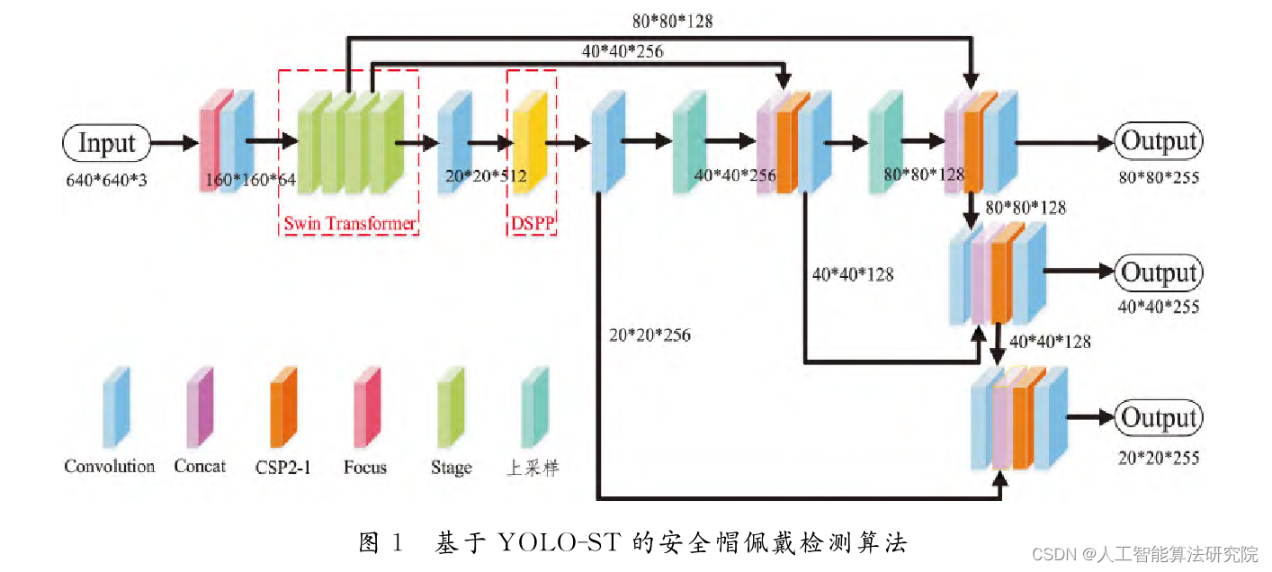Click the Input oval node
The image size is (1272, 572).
click(106, 142)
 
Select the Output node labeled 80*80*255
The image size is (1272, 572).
click(1159, 141)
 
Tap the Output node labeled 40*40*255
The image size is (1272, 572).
click(1159, 273)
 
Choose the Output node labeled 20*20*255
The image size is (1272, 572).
click(1159, 418)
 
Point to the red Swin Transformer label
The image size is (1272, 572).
click(350, 223)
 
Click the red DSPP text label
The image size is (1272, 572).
click(532, 223)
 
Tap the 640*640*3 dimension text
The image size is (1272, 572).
click(106, 178)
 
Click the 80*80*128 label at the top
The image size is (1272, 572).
click(672, 21)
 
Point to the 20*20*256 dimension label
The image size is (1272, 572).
click(649, 335)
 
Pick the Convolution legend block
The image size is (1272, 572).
click(115, 407)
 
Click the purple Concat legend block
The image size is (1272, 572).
click(200, 407)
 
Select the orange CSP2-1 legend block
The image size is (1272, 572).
click(284, 407)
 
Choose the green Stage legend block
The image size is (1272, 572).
click(451, 407)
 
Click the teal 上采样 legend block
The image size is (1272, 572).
click(536, 407)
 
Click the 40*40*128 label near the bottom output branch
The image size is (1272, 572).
click(1050, 342)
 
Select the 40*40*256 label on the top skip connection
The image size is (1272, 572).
click(623, 51)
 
